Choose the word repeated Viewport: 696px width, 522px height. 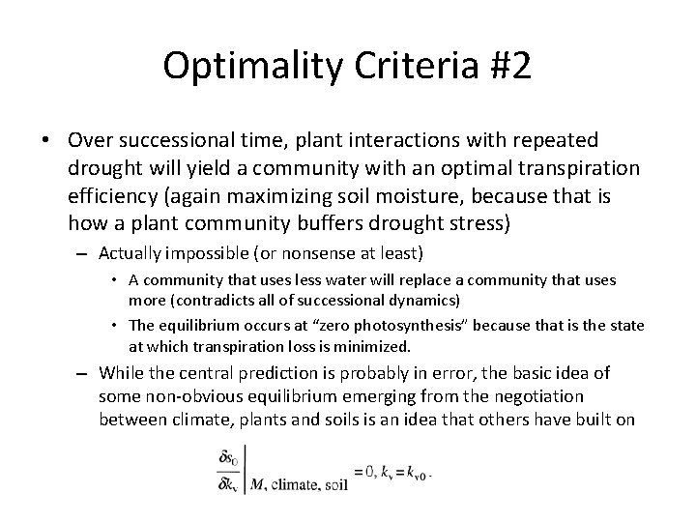pyautogui.click(x=554, y=141)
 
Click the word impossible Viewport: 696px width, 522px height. pyautogui.click(x=198, y=253)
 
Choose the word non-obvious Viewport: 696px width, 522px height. pyautogui.click(x=195, y=395)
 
